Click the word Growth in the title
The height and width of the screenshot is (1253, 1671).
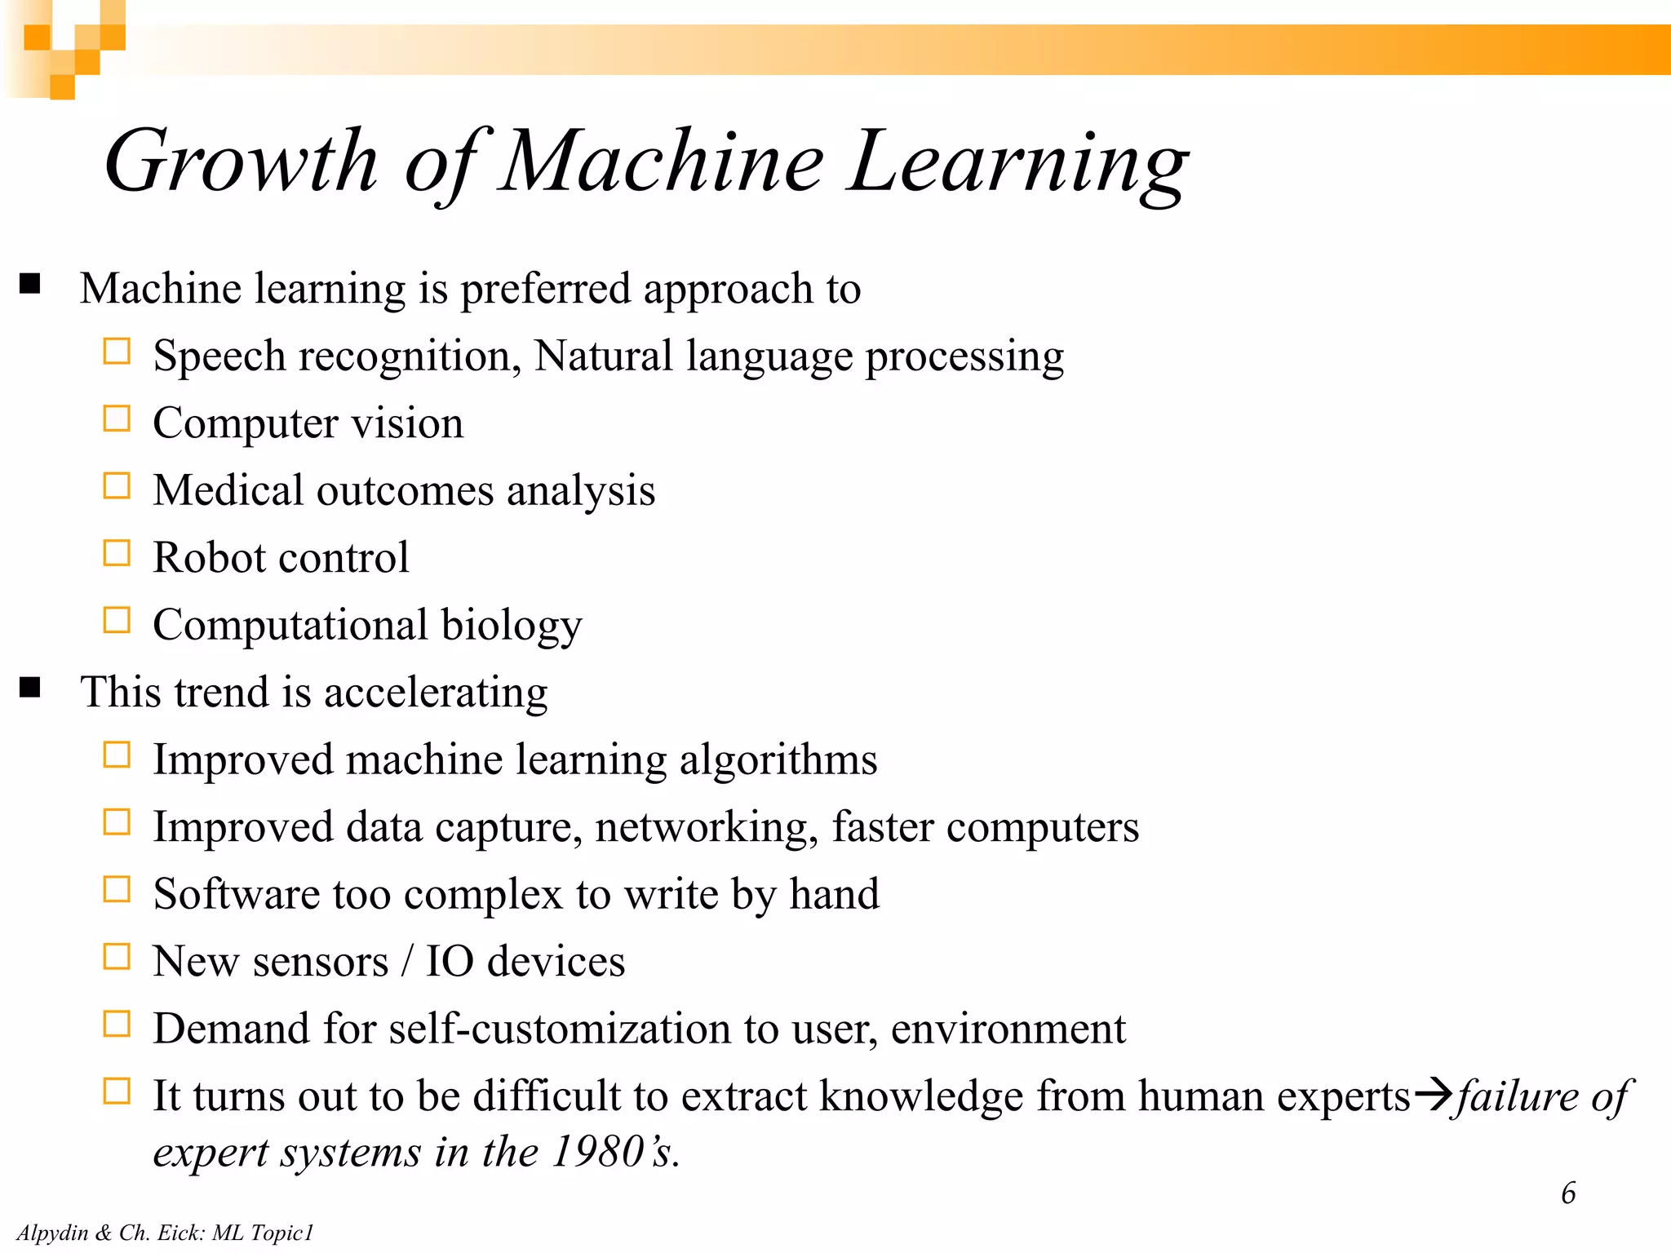click(242, 162)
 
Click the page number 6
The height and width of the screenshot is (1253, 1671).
click(1568, 1193)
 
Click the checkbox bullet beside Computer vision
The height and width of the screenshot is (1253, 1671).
click(117, 419)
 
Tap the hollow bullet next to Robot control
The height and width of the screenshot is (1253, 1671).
click(117, 554)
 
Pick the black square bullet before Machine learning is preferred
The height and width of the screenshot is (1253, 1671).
click(31, 284)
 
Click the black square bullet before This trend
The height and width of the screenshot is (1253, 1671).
click(31, 688)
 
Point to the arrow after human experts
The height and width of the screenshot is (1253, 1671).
click(1434, 1093)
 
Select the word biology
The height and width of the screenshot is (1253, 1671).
click(512, 626)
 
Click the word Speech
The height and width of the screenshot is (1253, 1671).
click(219, 357)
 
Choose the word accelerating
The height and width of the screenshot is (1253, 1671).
click(436, 693)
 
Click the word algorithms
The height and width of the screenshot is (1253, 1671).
click(778, 760)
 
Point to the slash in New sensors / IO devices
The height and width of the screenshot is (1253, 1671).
click(406, 961)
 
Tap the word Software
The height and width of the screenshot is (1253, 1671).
click(237, 893)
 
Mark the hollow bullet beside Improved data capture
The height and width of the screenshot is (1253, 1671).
click(117, 822)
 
